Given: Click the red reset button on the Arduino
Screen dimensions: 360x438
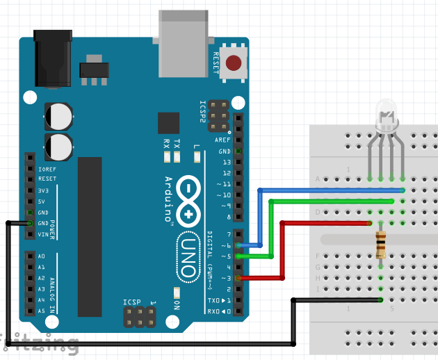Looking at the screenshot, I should (x=235, y=64).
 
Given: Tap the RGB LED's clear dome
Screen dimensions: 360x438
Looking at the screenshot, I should (x=386, y=112).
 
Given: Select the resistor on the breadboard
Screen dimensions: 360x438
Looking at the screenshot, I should (x=380, y=244).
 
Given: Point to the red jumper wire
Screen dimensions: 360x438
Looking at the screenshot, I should (x=282, y=250).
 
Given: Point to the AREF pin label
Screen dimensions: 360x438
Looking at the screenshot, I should (x=222, y=140).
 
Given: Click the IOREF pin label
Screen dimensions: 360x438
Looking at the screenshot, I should (x=47, y=168).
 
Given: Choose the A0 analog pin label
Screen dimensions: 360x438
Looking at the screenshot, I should (x=41, y=256).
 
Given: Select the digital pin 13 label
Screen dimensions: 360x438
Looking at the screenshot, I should (x=225, y=162).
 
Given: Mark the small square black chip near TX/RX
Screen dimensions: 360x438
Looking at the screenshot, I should (x=168, y=123).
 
